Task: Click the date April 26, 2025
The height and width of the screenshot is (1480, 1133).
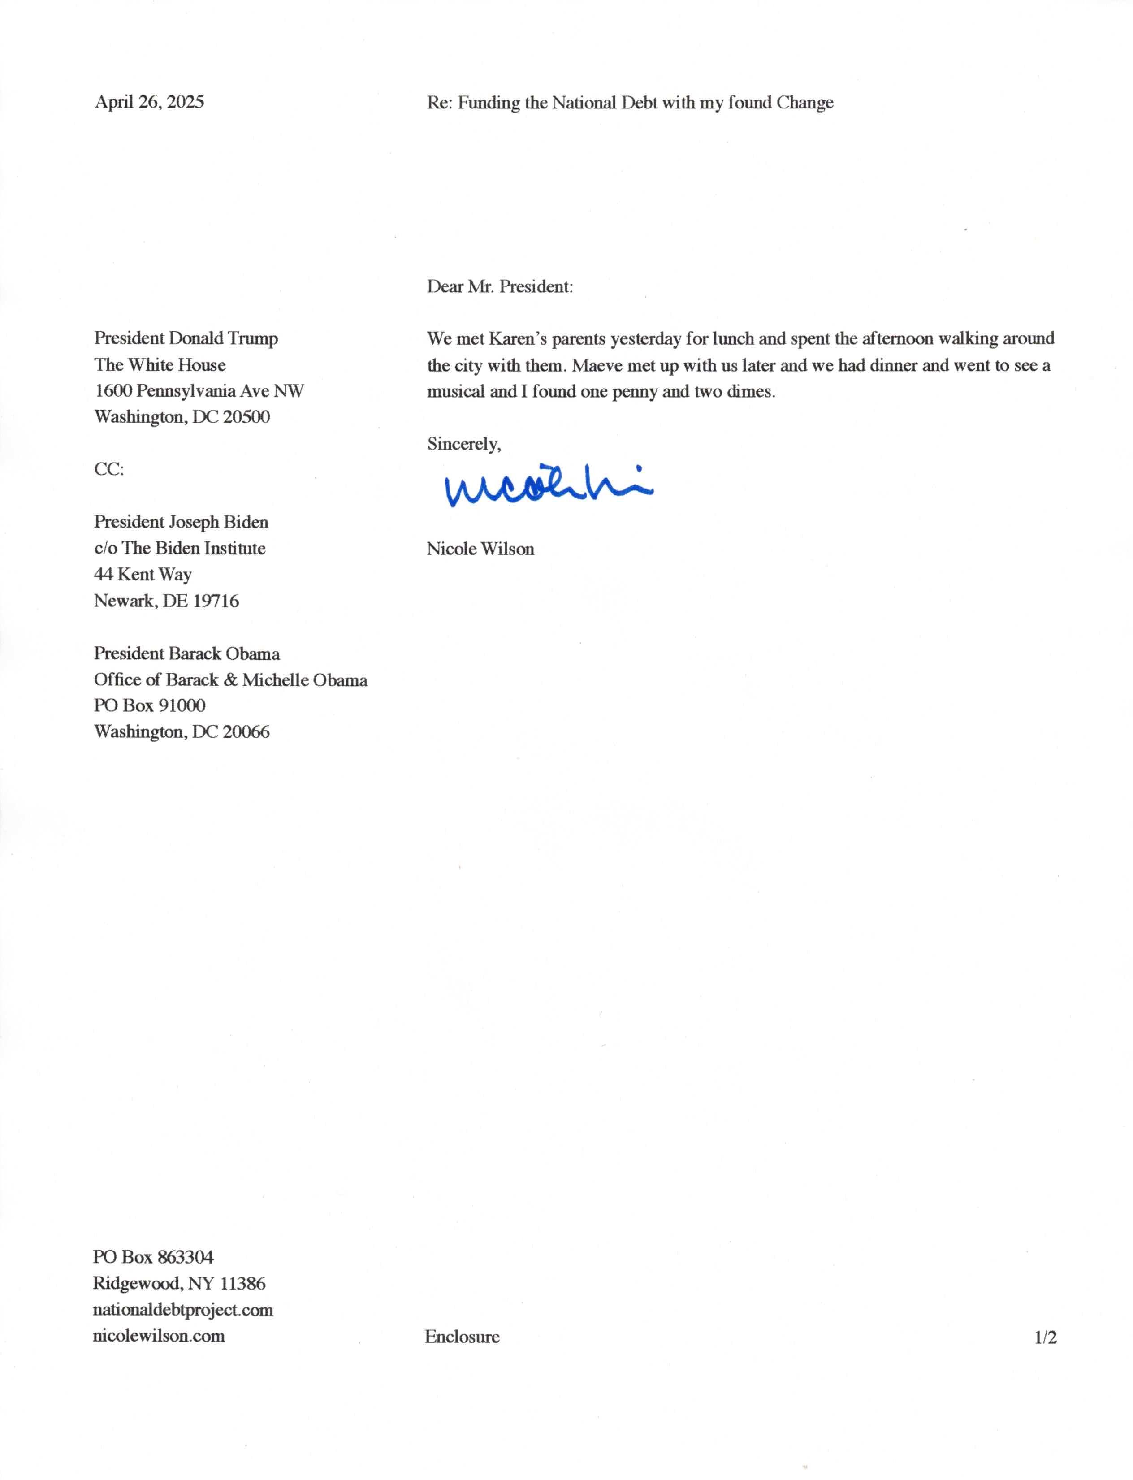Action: click(x=149, y=102)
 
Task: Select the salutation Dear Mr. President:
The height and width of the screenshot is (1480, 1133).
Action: click(x=500, y=286)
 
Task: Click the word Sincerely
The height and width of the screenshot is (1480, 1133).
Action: click(x=463, y=444)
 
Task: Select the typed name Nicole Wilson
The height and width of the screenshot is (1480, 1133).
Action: click(x=480, y=549)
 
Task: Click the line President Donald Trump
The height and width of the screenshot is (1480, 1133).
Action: click(x=186, y=338)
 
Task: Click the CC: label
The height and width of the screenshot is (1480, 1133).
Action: click(x=108, y=469)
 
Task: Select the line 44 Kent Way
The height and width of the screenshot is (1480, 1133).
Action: click(x=143, y=575)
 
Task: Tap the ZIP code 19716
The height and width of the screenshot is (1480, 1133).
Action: click(x=216, y=601)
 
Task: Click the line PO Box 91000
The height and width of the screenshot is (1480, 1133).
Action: click(x=149, y=705)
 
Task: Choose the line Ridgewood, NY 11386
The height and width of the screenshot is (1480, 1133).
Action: click(x=179, y=1283)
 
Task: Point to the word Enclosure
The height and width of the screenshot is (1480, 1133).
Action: click(x=462, y=1337)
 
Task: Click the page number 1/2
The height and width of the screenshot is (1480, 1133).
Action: click(x=1045, y=1337)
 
